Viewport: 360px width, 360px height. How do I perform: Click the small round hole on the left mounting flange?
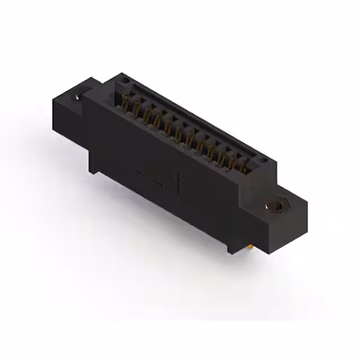[x=78, y=97]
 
